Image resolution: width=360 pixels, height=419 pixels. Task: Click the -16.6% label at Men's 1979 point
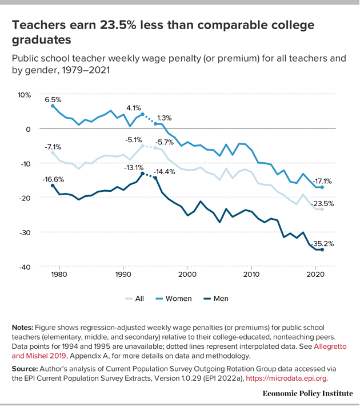click(53, 179)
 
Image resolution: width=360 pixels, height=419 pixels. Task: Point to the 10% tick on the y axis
click(23, 95)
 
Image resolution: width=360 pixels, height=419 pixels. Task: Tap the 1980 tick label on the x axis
click(58, 275)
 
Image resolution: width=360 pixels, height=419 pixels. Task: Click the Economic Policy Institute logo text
click(307, 393)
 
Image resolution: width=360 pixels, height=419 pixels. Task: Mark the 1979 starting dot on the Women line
click(53, 106)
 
